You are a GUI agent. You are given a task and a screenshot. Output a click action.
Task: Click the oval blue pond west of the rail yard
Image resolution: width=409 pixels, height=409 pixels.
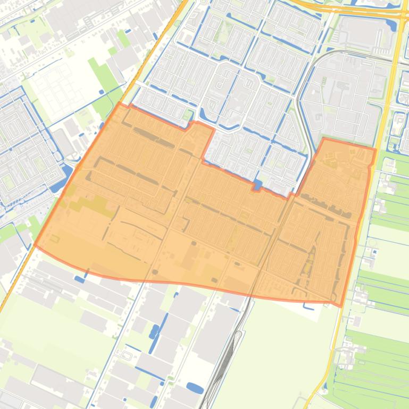[195, 388]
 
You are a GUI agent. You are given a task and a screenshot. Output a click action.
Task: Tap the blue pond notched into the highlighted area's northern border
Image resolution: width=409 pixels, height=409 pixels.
[258, 185]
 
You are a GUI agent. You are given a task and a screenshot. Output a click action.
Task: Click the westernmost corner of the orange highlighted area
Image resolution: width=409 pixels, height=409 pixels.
[35, 245]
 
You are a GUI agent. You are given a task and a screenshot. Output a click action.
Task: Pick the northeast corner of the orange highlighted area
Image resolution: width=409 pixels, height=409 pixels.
[375, 150]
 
